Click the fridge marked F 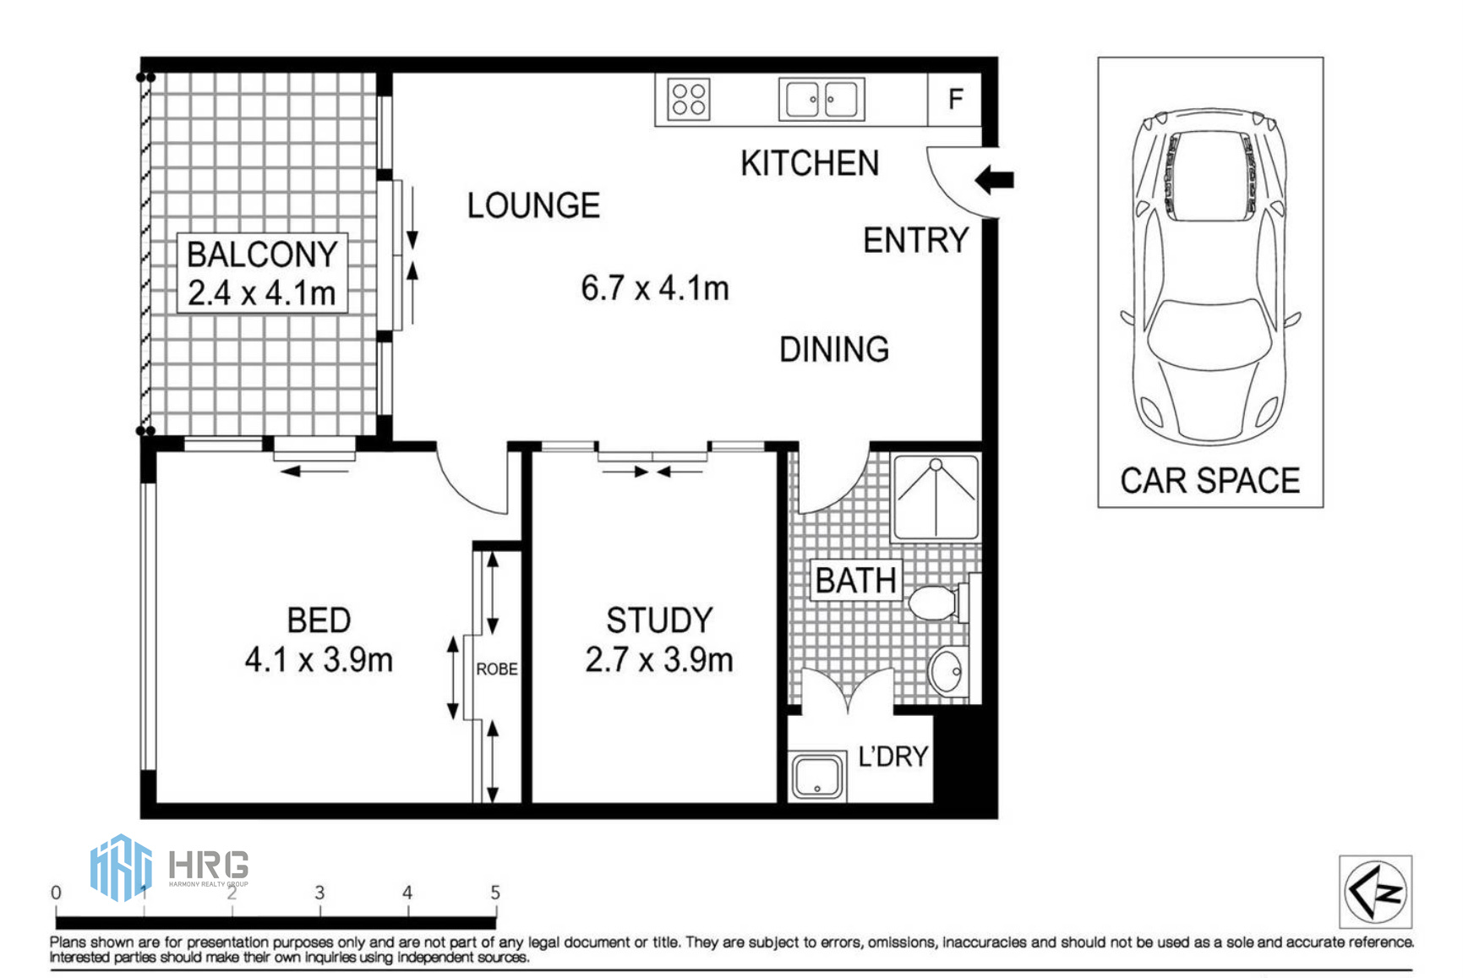point(955,99)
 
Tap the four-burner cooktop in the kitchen point(688,99)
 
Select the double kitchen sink point(822,99)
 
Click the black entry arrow point(994,179)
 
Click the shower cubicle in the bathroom point(936,497)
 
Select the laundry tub point(817,776)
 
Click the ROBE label point(497,669)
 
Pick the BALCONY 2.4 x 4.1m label point(262,273)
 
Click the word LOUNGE point(533,205)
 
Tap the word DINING point(834,349)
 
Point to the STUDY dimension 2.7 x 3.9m point(659,659)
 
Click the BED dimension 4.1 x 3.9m point(319,659)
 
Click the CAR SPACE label point(1210,481)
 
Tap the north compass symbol point(1375,891)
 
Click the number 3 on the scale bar point(319,893)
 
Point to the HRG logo point(169,867)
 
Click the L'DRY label point(893,756)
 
